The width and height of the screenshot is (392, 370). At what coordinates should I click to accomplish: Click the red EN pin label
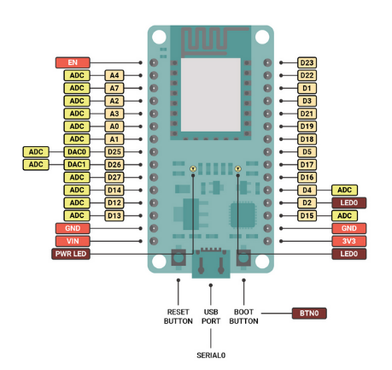pyautogui.click(x=73, y=62)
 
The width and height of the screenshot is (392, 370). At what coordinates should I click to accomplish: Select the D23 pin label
pyautogui.click(x=307, y=62)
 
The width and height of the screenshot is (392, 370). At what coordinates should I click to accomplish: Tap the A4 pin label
pyautogui.click(x=114, y=75)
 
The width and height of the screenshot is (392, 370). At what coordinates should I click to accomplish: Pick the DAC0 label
pyautogui.click(x=77, y=152)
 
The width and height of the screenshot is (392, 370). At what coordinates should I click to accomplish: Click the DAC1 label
pyautogui.click(x=77, y=164)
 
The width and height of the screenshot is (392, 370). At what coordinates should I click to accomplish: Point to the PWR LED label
pyautogui.click(x=71, y=254)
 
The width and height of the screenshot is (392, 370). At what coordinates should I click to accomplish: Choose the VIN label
pyautogui.click(x=73, y=241)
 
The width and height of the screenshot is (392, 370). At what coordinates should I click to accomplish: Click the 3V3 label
pyautogui.click(x=348, y=241)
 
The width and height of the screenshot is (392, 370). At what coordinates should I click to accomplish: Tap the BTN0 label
pyautogui.click(x=309, y=314)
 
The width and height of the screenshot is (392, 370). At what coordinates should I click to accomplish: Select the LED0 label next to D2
pyautogui.click(x=348, y=203)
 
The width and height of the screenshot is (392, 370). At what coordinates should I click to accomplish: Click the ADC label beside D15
pyautogui.click(x=344, y=215)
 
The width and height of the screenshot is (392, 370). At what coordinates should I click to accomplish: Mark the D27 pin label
pyautogui.click(x=114, y=177)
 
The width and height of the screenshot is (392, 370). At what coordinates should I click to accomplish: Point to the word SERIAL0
pyautogui.click(x=211, y=355)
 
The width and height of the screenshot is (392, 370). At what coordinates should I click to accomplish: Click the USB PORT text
pyautogui.click(x=211, y=316)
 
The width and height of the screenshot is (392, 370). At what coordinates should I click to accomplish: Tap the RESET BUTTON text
pyautogui.click(x=178, y=316)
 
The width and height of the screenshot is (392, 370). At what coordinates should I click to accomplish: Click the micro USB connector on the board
pyautogui.click(x=211, y=264)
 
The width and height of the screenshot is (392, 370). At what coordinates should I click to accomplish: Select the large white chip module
pyautogui.click(x=211, y=95)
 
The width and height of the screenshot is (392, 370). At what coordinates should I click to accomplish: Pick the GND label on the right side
pyautogui.click(x=348, y=228)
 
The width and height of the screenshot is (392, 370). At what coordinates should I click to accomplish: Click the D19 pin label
pyautogui.click(x=307, y=126)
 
